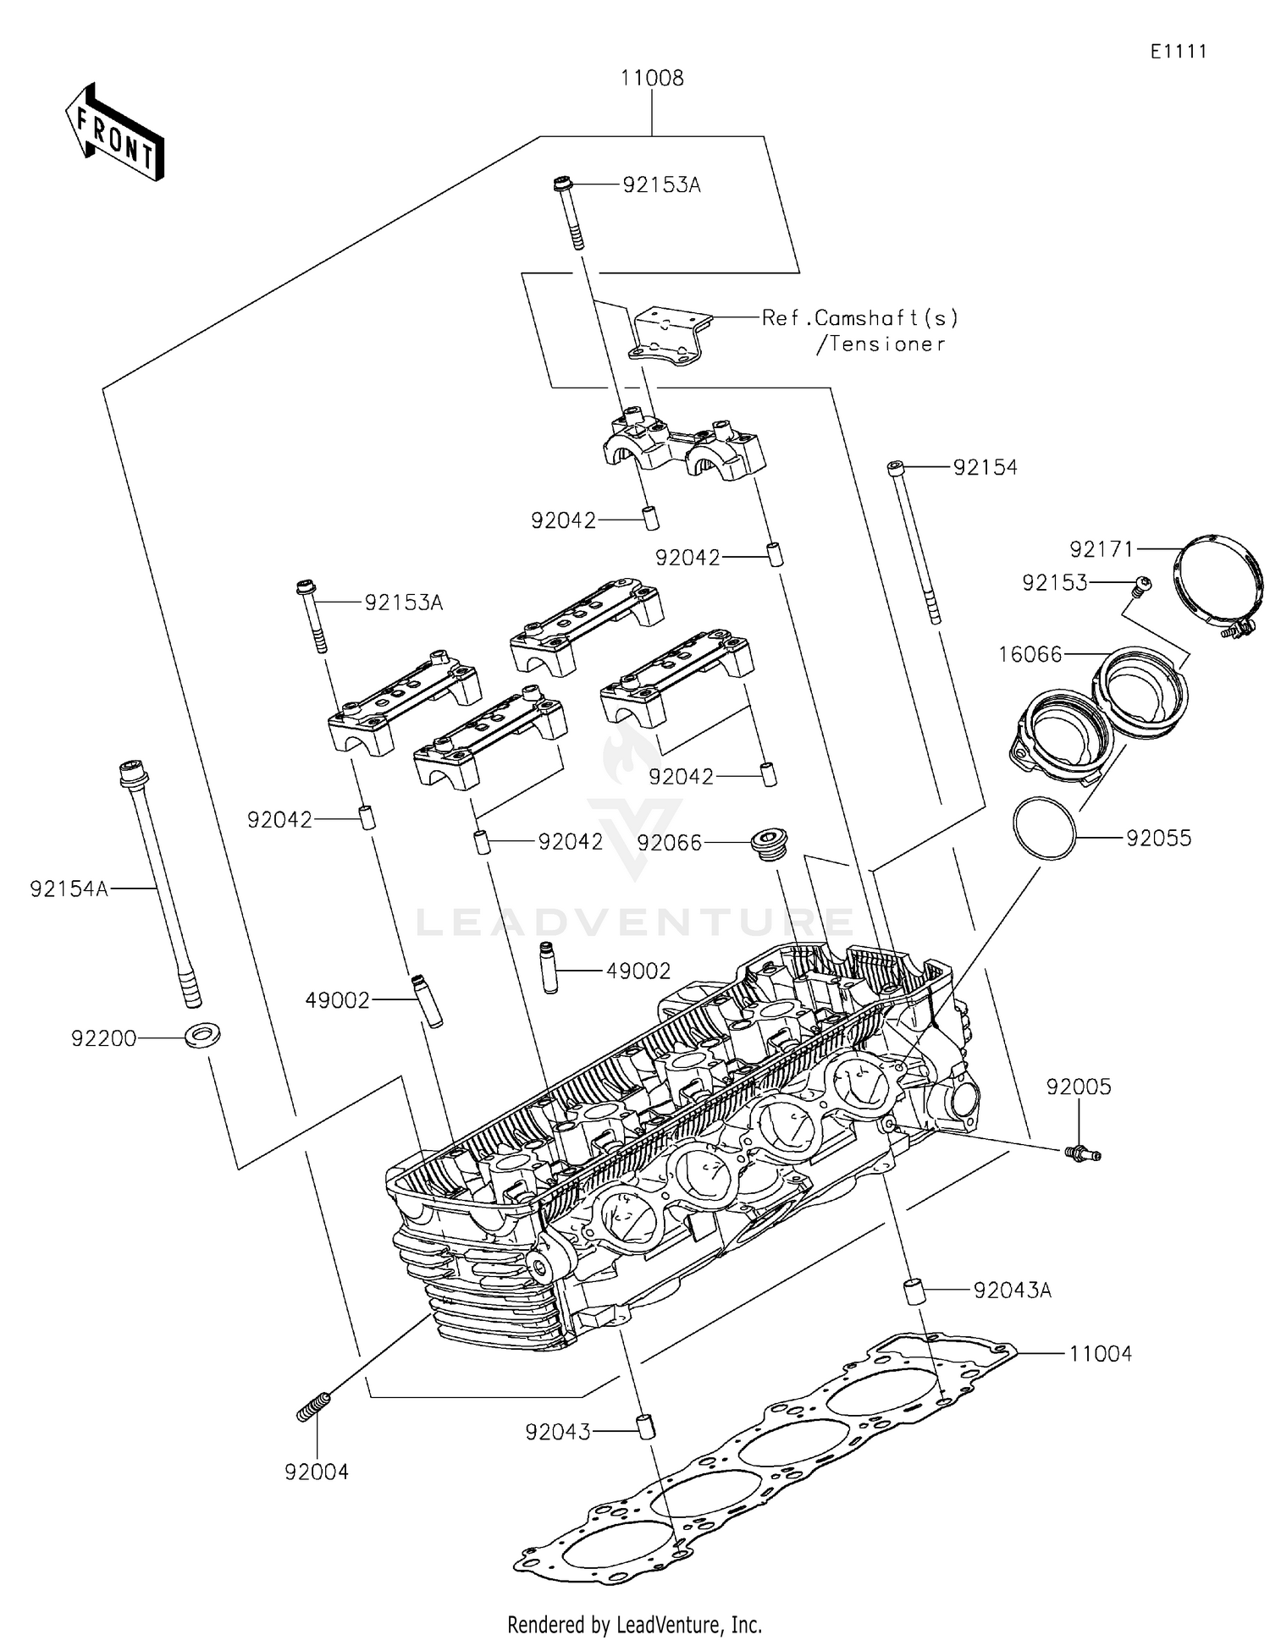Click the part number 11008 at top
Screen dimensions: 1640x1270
coord(651,78)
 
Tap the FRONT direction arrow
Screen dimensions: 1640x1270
coord(115,133)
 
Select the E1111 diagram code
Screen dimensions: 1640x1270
coord(1178,52)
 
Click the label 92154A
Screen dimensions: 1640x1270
coord(69,889)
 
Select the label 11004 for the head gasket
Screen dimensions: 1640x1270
coord(1100,1354)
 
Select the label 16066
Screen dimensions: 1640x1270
coord(1030,654)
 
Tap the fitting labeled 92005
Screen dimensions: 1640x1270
coord(1082,1152)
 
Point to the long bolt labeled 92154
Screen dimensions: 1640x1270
coord(914,542)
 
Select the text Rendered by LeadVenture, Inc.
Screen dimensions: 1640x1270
coord(634,1624)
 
